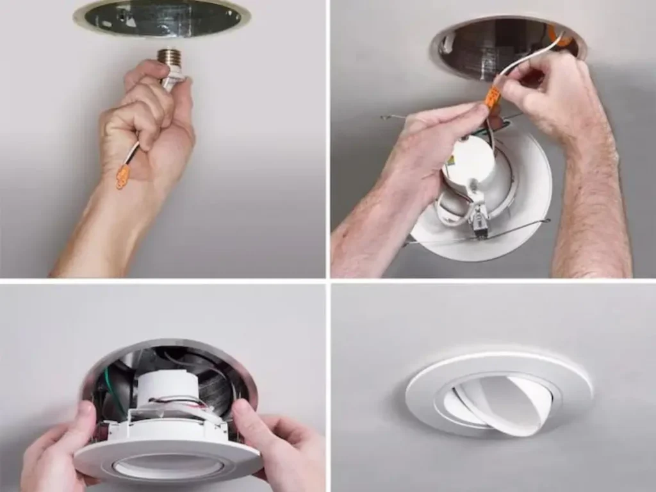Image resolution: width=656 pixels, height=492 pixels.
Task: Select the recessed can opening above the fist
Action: (x=161, y=18)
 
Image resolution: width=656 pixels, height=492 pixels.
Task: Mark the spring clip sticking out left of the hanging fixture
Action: (x=391, y=118)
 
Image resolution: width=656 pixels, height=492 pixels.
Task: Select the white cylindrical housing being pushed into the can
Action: (x=160, y=384)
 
